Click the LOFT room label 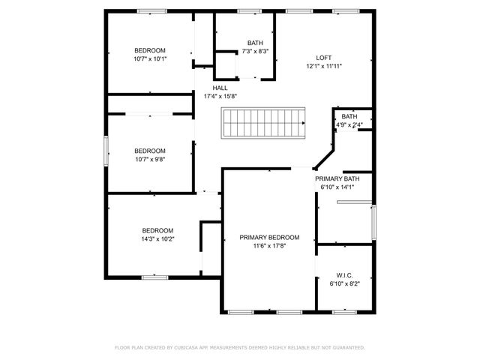pyautogui.click(x=324, y=58)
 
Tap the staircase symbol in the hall pyautogui.click(x=265, y=122)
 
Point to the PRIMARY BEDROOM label pyautogui.click(x=269, y=237)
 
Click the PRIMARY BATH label pyautogui.click(x=337, y=178)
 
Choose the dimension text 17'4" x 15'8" pyautogui.click(x=220, y=96)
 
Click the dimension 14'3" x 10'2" pyautogui.click(x=157, y=238)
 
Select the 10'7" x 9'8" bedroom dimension pyautogui.click(x=150, y=157)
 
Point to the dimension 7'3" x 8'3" pyautogui.click(x=255, y=51)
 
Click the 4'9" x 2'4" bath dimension pyautogui.click(x=349, y=124)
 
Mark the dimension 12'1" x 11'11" pyautogui.click(x=324, y=66)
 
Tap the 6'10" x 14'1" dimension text pyautogui.click(x=337, y=187)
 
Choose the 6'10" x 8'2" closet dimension pyautogui.click(x=345, y=284)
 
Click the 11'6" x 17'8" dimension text pyautogui.click(x=269, y=245)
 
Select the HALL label pyautogui.click(x=220, y=88)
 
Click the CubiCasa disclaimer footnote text pyautogui.click(x=240, y=347)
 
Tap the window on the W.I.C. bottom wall pyautogui.click(x=344, y=311)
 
